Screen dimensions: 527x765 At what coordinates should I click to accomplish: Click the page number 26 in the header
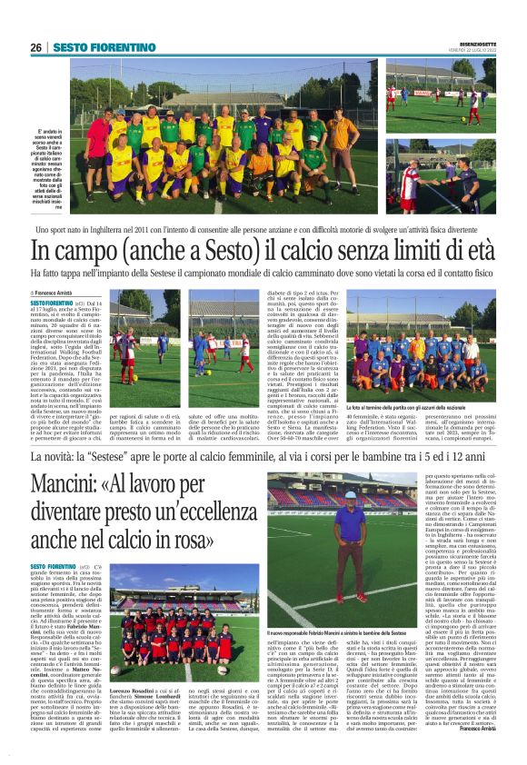(x=35, y=47)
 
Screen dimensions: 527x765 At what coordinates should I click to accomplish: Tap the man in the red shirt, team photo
(x=97, y=136)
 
